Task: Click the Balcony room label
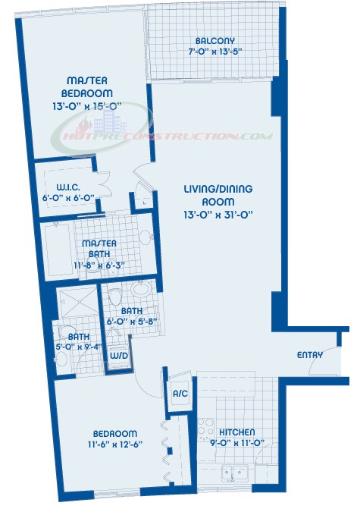214,41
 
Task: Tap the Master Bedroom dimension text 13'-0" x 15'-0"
87,106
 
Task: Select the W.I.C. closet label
68,187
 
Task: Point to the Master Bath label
99,248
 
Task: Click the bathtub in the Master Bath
58,250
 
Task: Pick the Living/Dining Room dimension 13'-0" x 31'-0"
218,215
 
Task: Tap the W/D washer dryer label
119,356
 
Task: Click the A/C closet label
180,394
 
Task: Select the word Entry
310,355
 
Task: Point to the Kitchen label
236,432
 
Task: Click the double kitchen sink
235,472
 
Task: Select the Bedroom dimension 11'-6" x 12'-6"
115,444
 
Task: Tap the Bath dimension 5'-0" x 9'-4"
79,347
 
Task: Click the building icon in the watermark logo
111,121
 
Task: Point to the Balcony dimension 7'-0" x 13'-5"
214,52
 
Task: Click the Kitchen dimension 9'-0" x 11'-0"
236,443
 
